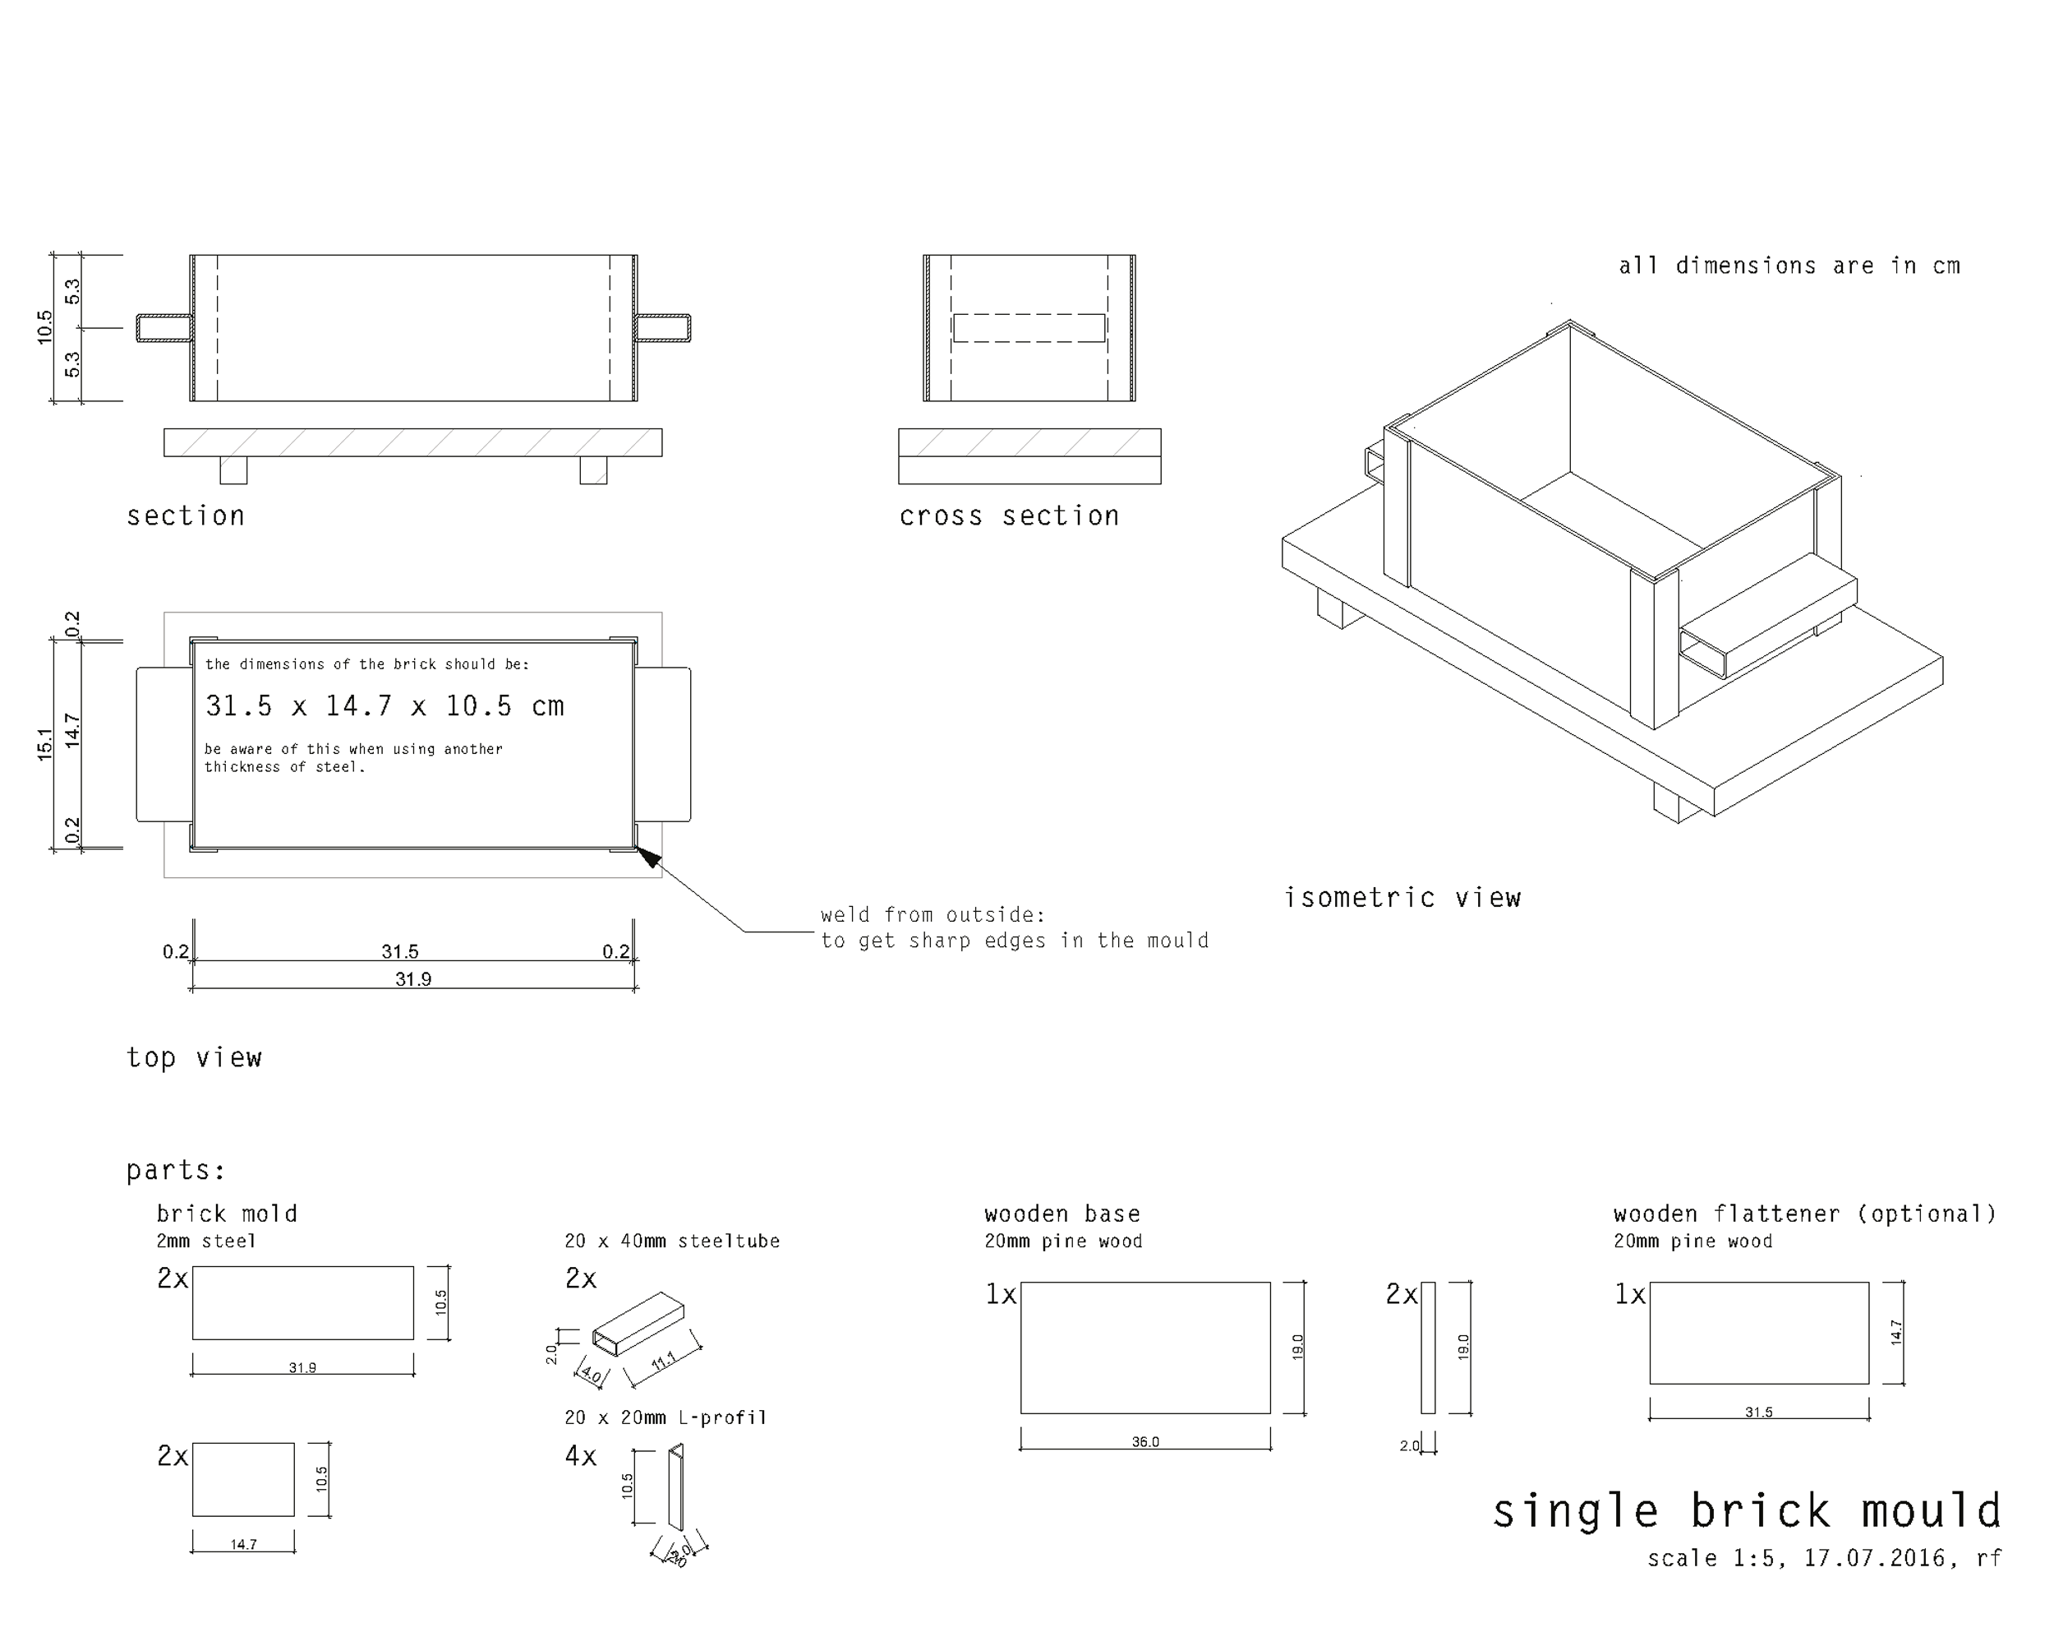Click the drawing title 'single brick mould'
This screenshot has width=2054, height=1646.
pos(1746,1512)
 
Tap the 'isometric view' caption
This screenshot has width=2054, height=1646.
pos(1402,898)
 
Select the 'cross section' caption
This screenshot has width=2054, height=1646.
pos(1009,516)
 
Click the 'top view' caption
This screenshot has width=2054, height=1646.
pos(195,1058)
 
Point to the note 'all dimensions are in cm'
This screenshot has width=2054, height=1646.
pos(1789,266)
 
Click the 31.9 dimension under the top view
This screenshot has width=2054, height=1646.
pos(413,979)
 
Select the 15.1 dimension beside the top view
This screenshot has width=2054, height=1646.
pos(44,743)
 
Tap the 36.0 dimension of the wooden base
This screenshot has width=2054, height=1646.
pos(1145,1442)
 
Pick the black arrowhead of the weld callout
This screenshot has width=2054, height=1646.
pos(647,857)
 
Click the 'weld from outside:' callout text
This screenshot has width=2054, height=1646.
pos(933,915)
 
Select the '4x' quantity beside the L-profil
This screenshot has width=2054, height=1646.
pos(581,1456)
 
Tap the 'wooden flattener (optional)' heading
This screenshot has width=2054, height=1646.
pos(1805,1214)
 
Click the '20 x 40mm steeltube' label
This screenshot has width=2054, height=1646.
pos(673,1241)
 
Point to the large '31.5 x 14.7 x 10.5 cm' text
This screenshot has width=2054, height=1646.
pos(385,706)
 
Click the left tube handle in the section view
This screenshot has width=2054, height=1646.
pos(165,328)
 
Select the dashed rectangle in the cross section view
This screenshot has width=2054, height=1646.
pos(1029,328)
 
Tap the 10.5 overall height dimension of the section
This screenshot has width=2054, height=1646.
pos(44,328)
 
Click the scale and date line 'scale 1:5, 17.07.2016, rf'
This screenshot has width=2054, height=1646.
pos(1825,1558)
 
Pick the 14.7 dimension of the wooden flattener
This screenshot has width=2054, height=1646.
pos(1896,1333)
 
